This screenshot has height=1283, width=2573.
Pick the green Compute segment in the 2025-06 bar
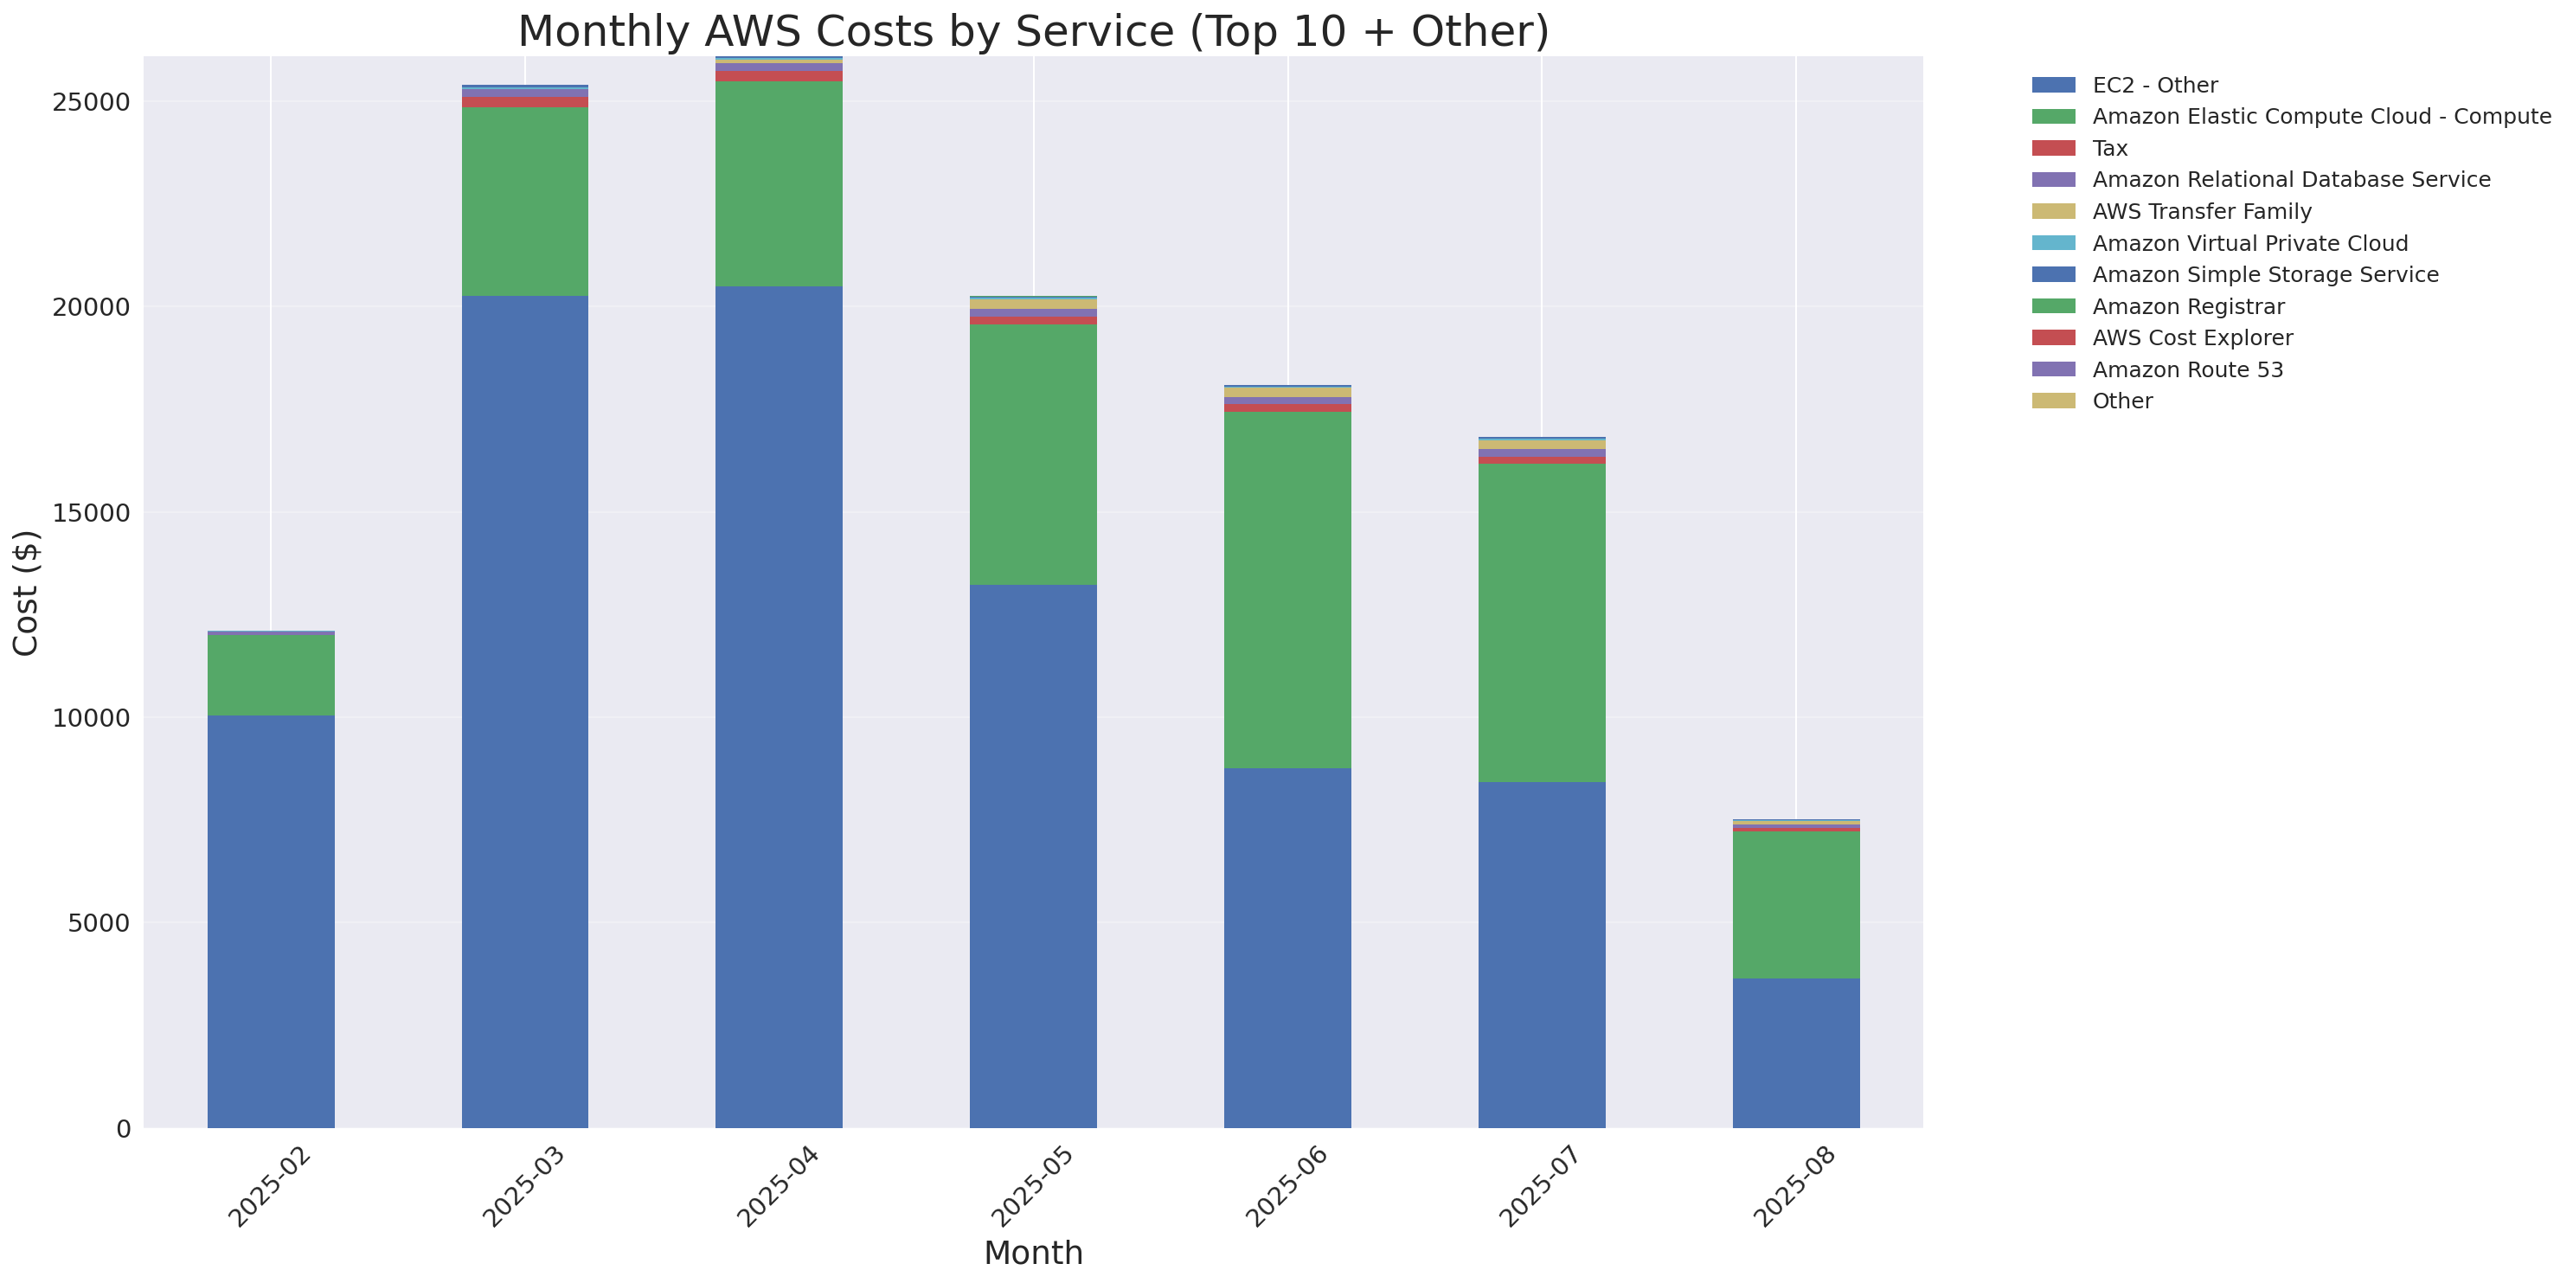[1287, 589]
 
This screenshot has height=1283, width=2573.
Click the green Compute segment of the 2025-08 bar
[1796, 903]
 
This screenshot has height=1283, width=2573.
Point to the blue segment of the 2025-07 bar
[1541, 953]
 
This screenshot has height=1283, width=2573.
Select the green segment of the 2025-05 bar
[1033, 454]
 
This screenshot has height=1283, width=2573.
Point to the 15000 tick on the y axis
[91, 513]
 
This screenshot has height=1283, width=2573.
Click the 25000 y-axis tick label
[91, 103]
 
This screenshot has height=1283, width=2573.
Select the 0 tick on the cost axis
[123, 1129]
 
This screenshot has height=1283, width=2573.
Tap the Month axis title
[1033, 1253]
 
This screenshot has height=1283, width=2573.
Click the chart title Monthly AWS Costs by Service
[1033, 31]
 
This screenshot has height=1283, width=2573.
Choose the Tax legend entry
[2109, 149]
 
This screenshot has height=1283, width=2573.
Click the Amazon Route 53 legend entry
[2186, 370]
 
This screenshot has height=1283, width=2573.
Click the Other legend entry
[2121, 401]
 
